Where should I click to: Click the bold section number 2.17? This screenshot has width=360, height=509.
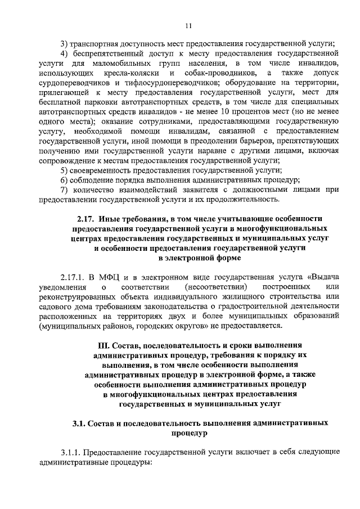(x=87, y=219)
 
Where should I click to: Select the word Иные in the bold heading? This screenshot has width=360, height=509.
(x=112, y=219)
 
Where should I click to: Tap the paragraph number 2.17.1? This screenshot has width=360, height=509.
(x=75, y=277)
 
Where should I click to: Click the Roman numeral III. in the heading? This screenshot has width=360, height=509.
(x=105, y=345)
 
